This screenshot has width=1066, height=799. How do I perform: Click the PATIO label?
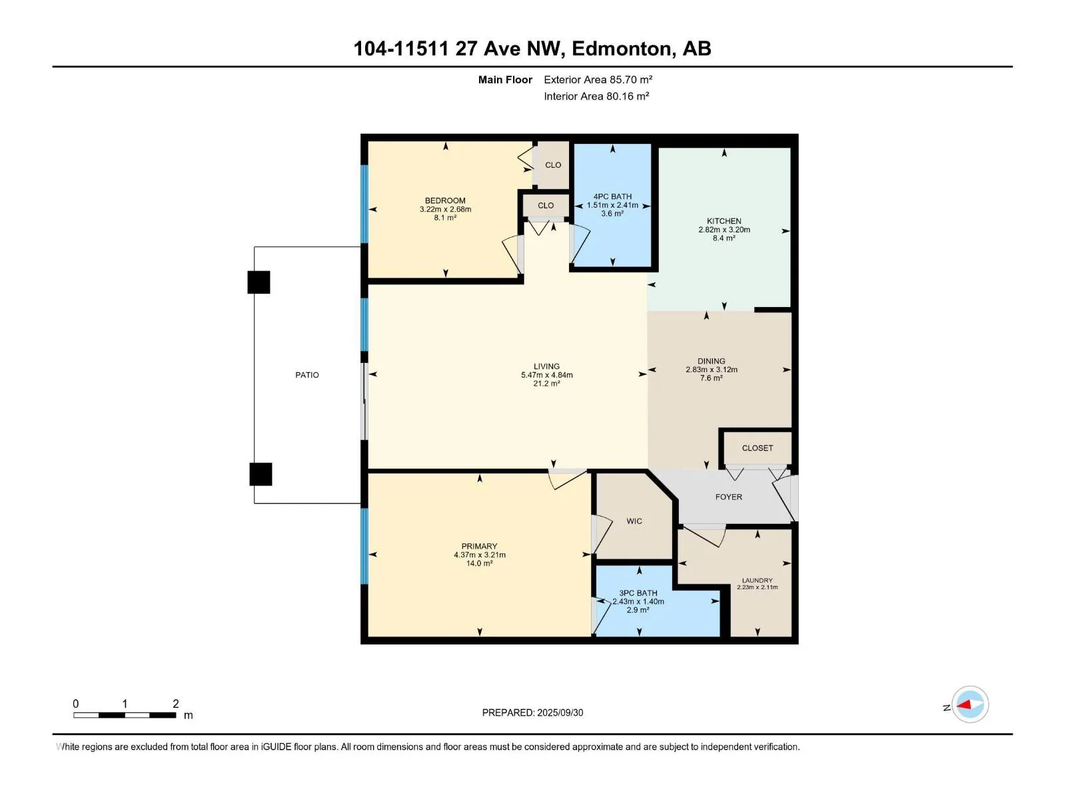tap(307, 375)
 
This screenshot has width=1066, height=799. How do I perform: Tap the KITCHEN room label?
tap(724, 221)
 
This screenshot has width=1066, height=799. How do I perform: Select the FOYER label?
tap(728, 497)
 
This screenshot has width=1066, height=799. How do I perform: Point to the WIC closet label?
tap(634, 521)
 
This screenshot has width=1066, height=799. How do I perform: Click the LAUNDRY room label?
tap(757, 580)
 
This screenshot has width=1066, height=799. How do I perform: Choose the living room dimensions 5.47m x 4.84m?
tap(547, 375)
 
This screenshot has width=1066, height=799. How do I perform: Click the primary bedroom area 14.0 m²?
tap(479, 563)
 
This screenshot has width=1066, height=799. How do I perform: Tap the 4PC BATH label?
tap(612, 196)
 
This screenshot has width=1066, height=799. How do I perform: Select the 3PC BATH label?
tap(638, 593)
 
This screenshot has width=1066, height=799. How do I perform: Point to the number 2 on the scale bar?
tap(175, 703)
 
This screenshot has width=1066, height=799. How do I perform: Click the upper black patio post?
tap(259, 282)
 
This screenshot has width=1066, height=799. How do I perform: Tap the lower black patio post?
tap(261, 474)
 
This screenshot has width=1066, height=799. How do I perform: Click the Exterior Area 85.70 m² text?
tap(598, 79)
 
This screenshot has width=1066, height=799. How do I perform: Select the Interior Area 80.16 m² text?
tap(596, 96)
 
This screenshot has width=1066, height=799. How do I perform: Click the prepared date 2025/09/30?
tap(560, 712)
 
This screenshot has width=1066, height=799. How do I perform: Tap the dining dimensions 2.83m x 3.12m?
tap(712, 370)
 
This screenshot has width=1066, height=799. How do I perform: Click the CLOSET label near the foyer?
tap(757, 448)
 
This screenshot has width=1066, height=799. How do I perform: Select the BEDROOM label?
tap(445, 201)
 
